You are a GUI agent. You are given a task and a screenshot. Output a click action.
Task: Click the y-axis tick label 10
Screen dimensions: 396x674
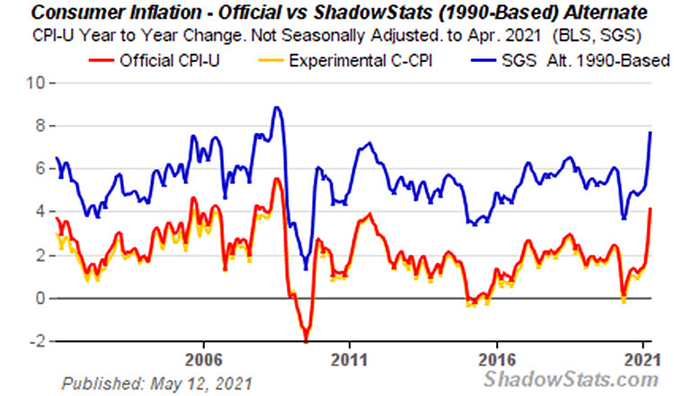(x=36, y=83)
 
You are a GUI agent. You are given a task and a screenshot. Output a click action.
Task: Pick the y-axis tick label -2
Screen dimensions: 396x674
(x=37, y=341)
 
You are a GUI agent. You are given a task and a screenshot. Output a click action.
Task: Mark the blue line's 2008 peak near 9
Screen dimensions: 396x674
(x=277, y=108)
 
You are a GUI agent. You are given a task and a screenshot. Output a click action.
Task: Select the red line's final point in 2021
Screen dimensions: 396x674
(x=650, y=209)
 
